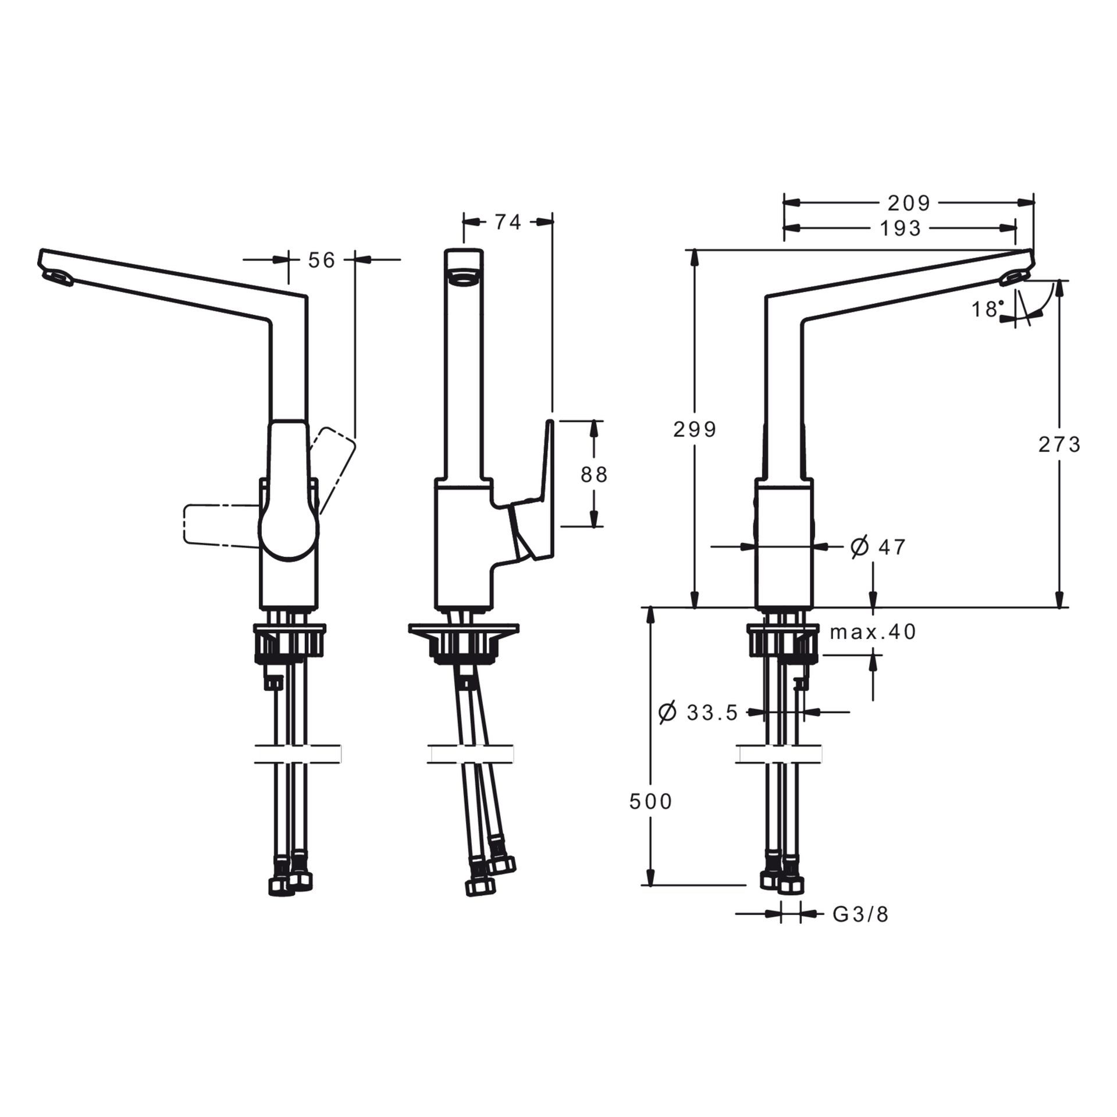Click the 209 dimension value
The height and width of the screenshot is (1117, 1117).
(x=909, y=203)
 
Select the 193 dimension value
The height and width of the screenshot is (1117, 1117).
(x=900, y=229)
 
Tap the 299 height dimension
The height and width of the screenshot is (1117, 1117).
(x=695, y=429)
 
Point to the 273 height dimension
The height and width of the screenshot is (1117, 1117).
(x=1059, y=444)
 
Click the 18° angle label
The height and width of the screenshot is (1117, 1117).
(x=988, y=309)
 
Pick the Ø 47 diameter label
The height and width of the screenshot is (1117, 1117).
(x=878, y=547)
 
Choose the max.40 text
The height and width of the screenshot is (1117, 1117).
(x=873, y=632)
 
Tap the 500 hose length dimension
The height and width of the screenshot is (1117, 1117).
(x=650, y=802)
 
